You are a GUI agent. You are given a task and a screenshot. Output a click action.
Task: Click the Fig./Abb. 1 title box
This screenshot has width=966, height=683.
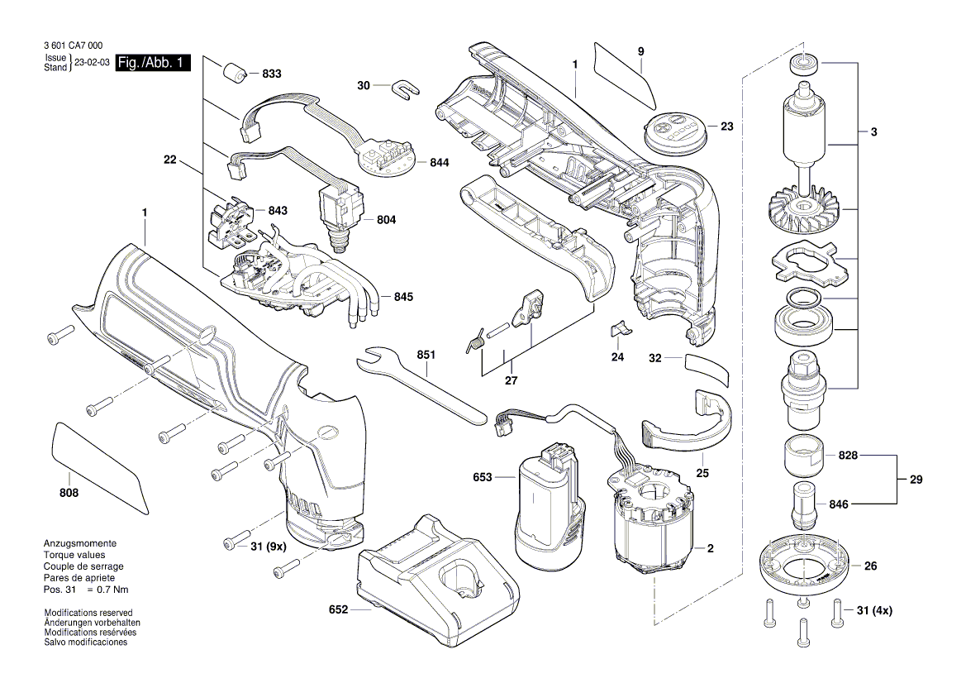(153, 63)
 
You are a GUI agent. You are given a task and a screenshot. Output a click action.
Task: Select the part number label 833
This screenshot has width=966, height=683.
(271, 74)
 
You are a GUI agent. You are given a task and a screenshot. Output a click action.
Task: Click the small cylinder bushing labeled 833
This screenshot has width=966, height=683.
(236, 72)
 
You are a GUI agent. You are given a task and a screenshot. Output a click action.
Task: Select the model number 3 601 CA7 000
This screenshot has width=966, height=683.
(75, 47)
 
